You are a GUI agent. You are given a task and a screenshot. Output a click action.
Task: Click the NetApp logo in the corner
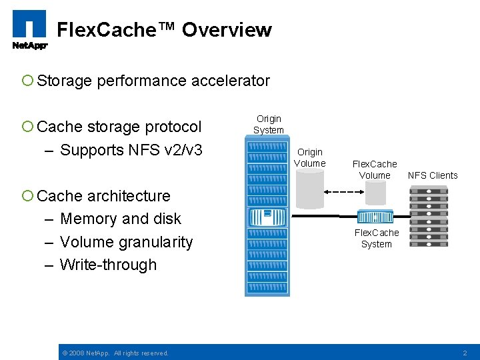coord(29,30)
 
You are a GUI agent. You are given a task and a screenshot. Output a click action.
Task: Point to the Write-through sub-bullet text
coord(108,265)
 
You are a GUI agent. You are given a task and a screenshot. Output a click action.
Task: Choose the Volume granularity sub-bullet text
coord(126,242)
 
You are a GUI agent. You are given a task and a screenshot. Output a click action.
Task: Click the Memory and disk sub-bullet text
coord(120,219)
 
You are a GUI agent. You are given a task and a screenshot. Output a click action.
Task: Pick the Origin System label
coord(269,124)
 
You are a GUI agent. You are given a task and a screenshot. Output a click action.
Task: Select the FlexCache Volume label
coord(375,169)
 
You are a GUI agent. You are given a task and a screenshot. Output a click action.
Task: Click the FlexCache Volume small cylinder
coord(375,193)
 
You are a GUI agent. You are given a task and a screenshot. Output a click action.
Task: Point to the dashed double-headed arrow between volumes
coord(343,192)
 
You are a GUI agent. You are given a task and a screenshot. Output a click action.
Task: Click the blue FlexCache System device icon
coord(375,217)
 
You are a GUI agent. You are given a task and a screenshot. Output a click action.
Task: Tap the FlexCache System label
coord(377,238)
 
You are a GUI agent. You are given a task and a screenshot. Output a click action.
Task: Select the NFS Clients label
coord(433,175)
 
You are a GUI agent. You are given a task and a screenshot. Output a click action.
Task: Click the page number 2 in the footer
coord(465,353)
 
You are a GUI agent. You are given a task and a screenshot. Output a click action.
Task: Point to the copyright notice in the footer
coord(115,353)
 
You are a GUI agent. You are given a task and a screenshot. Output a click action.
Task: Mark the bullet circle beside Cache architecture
coord(27,196)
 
